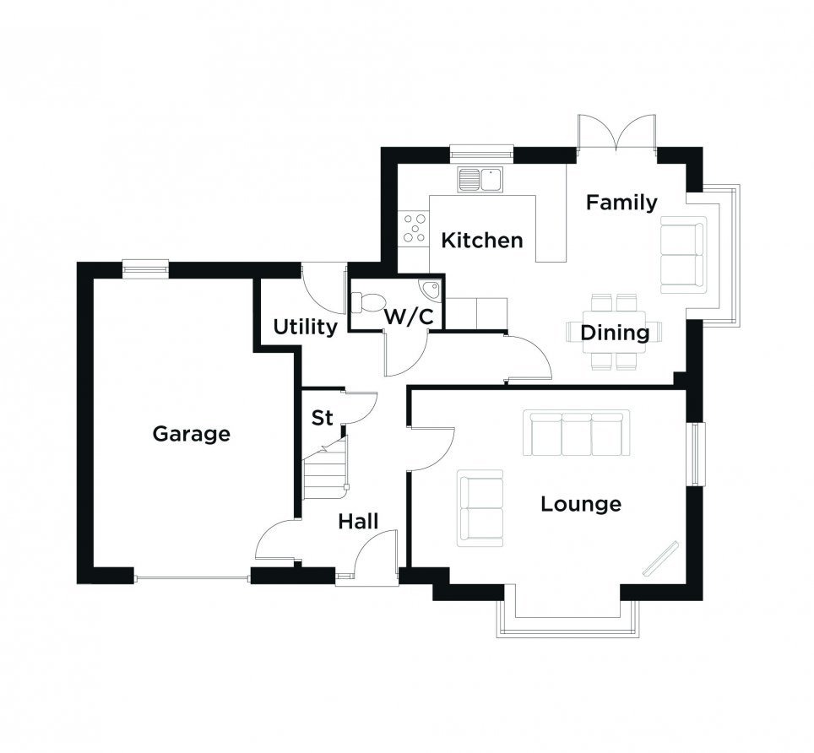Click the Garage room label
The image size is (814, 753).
click(x=191, y=434)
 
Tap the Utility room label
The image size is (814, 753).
click(x=306, y=328)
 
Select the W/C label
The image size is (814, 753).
click(x=409, y=317)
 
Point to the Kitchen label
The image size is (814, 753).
click(x=482, y=241)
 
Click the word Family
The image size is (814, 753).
click(x=621, y=203)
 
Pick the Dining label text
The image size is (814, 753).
click(x=615, y=333)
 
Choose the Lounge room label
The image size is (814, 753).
click(x=581, y=504)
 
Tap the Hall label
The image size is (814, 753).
click(x=358, y=522)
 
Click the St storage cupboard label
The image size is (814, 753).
click(x=322, y=418)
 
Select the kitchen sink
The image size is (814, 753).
click(x=480, y=179)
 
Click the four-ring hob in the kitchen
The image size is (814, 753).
click(x=415, y=229)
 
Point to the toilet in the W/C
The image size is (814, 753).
click(x=369, y=302)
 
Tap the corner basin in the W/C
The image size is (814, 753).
click(x=430, y=290)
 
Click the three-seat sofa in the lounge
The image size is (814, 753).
click(x=576, y=433)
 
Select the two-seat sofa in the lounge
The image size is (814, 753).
click(x=480, y=508)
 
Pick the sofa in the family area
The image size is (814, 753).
click(x=683, y=255)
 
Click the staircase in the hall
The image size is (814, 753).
click(x=325, y=469)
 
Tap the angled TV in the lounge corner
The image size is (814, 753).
click(x=661, y=558)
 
